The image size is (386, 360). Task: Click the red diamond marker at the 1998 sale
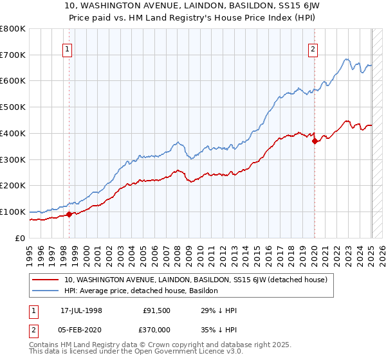[69, 215]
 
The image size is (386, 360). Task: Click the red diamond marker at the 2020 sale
[314, 141]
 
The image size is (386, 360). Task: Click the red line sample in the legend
[46, 280]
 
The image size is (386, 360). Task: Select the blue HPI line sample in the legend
[46, 291]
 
